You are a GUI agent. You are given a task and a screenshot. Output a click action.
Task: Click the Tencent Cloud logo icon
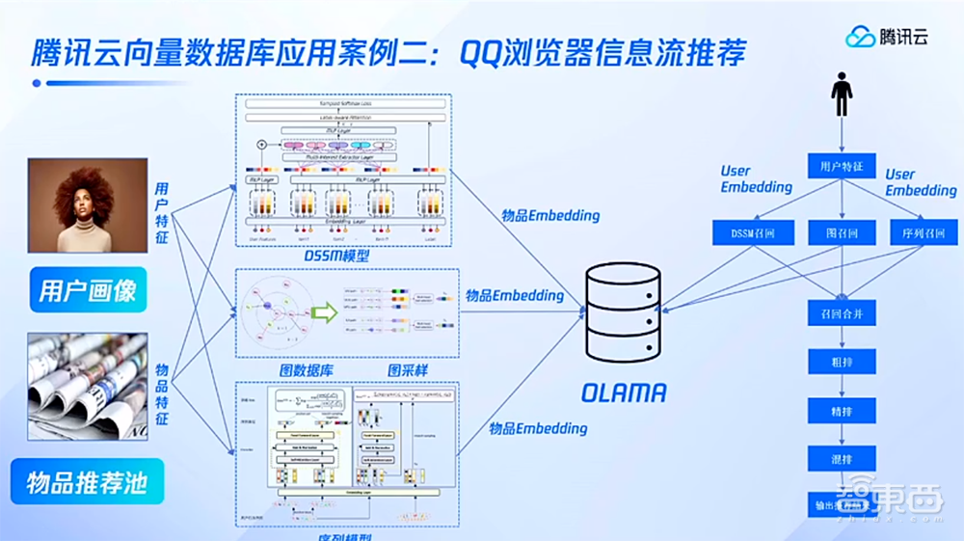tap(860, 37)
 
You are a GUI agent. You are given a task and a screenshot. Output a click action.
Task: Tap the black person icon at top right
tap(843, 97)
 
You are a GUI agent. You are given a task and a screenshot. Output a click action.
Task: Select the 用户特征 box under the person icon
tap(843, 167)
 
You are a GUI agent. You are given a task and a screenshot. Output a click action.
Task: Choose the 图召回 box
tap(843, 232)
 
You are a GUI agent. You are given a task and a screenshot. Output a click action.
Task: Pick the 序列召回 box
tap(924, 232)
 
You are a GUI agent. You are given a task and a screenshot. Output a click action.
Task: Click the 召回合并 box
tap(843, 312)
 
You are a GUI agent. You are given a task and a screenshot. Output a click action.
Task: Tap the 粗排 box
tap(843, 363)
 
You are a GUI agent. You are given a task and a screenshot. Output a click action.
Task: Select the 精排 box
tap(843, 412)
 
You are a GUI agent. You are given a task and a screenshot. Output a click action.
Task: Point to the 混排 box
tap(843, 460)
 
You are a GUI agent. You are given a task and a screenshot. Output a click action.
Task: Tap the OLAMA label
tap(624, 392)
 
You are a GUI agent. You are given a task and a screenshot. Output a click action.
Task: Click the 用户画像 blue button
tap(88, 289)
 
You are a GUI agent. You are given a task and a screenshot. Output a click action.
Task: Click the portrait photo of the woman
tap(88, 205)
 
